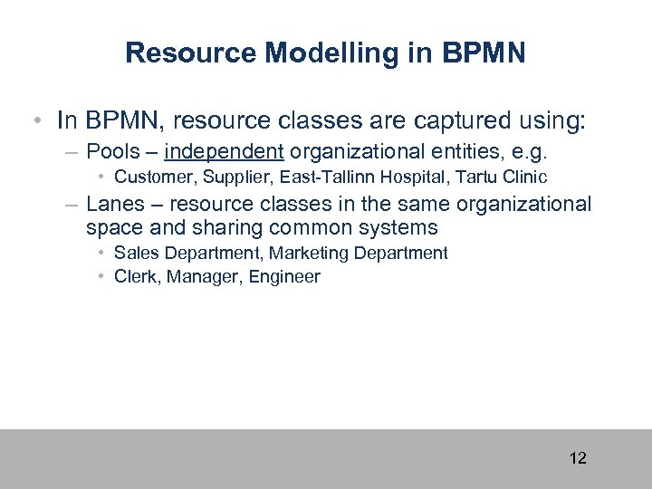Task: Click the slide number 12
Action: pyautogui.click(x=578, y=458)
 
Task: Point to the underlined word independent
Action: pyautogui.click(x=224, y=149)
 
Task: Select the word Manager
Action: pyautogui.click(x=202, y=276)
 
